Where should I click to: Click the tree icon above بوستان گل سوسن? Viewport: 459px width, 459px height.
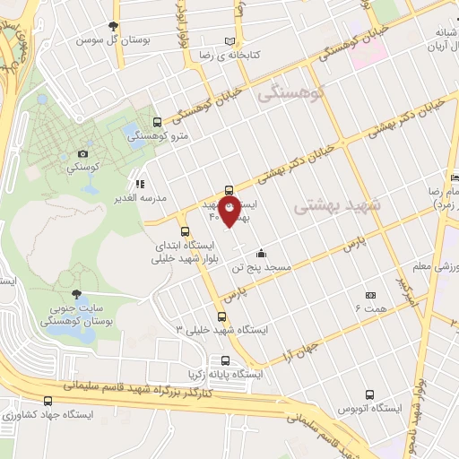tap(112, 26)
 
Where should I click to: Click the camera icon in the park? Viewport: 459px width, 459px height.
tap(83, 153)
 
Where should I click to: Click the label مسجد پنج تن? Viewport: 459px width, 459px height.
tap(260, 267)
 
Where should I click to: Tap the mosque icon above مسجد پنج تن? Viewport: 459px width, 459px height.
tap(260, 252)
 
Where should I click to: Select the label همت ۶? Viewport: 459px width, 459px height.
tap(370, 308)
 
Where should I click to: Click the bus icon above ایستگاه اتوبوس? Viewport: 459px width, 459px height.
tap(371, 394)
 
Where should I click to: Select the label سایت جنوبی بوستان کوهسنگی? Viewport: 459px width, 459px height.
tap(74, 314)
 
